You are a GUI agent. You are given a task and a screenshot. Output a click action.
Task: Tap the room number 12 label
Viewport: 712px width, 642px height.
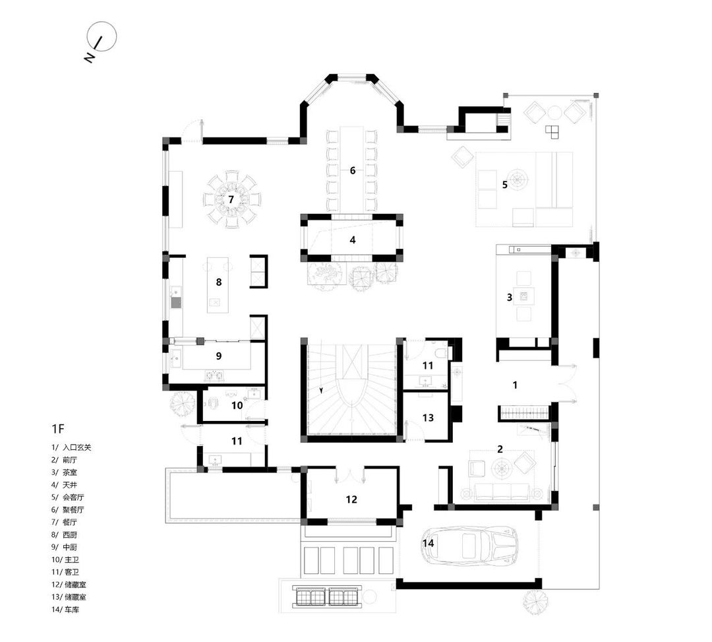[351, 499]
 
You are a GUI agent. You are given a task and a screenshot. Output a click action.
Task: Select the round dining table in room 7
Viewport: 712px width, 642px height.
[231, 199]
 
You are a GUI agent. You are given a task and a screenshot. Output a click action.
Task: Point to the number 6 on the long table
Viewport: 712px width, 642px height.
[353, 171]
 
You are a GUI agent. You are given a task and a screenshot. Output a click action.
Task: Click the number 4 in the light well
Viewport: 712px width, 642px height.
[353, 240]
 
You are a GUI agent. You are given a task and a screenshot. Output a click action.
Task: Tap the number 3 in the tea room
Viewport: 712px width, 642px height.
[510, 297]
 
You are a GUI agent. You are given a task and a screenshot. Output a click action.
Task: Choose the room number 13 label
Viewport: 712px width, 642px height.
[429, 418]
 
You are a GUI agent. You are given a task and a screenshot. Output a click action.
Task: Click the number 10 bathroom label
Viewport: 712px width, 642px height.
[237, 405]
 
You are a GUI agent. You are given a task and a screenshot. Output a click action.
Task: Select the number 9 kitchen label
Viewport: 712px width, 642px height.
[219, 356]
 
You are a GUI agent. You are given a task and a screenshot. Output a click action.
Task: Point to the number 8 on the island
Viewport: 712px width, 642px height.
[219, 282]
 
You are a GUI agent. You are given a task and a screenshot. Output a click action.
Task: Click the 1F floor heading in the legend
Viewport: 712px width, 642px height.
[58, 428]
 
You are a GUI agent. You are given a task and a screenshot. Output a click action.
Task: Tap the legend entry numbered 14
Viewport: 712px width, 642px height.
[65, 609]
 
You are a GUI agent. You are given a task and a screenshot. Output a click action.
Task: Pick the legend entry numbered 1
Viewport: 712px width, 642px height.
[71, 447]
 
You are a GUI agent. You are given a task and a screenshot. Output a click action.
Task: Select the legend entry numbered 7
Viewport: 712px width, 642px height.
[64, 522]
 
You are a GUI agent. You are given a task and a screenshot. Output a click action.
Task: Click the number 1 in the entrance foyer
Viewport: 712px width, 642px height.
[515, 385]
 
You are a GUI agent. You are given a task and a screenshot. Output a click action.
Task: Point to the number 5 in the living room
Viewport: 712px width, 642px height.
[505, 185]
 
